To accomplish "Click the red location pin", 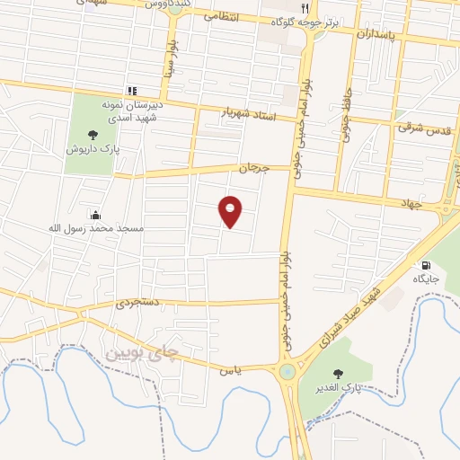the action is tap(231, 211).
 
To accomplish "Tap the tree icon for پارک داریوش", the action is tap(93, 135).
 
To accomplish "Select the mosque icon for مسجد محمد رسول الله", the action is tap(95, 214).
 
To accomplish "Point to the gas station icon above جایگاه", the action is tap(425, 265).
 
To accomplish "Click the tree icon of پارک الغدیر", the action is tap(338, 374).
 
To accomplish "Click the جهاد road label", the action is tap(411, 203).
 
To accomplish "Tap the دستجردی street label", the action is tap(137, 305).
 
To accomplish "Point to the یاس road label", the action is tap(231, 368).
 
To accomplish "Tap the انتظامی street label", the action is tap(220, 17).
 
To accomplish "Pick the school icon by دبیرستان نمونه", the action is tap(133, 91).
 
